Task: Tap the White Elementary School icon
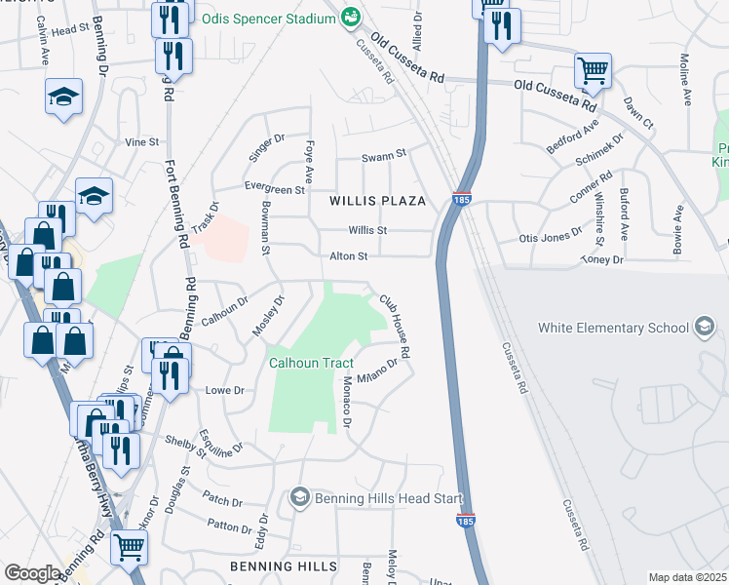coord(702,329)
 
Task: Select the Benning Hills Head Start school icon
coord(300,498)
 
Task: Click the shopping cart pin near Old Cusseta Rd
coord(593,70)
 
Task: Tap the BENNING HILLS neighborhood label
coord(275,566)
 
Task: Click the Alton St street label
coord(348,256)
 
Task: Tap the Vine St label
coord(142,141)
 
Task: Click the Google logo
coord(32,573)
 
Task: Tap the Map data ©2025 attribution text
coord(687,577)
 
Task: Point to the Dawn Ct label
coord(639,114)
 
